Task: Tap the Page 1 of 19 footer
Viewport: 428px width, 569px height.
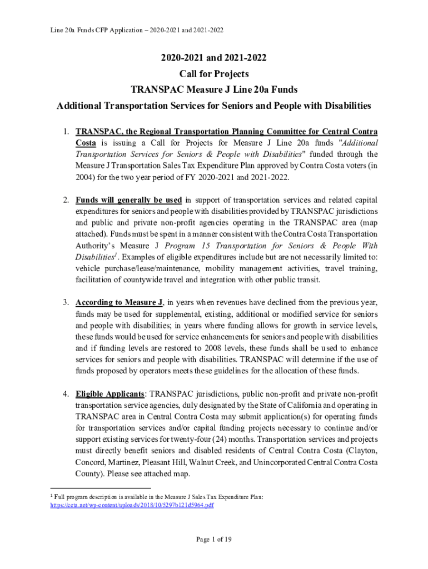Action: click(x=214, y=538)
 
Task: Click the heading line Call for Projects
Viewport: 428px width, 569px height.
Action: click(x=214, y=74)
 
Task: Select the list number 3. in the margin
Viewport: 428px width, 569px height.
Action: click(x=66, y=302)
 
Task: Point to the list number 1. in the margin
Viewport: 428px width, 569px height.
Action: click(x=66, y=131)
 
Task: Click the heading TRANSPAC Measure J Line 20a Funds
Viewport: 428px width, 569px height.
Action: click(x=214, y=89)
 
